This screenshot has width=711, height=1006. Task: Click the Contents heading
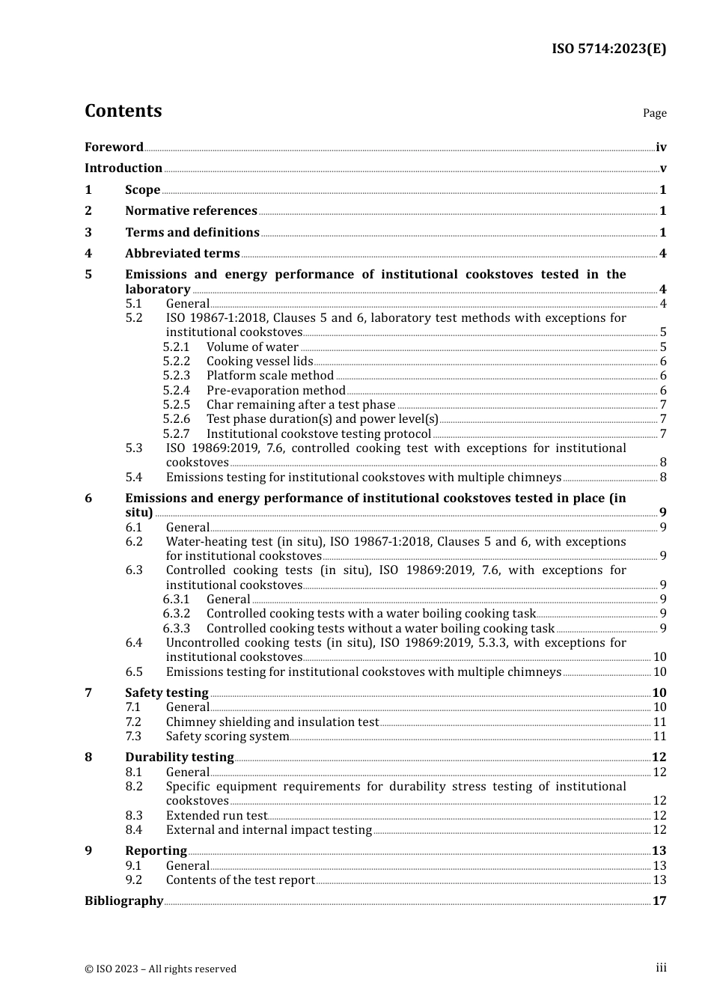[x=123, y=111]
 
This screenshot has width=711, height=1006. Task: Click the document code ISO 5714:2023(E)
[x=608, y=49]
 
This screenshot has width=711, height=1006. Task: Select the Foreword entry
[x=114, y=147]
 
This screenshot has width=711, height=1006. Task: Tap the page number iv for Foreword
[x=660, y=147]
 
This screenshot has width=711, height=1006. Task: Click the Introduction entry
[x=123, y=168]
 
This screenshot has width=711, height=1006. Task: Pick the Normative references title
[x=191, y=211]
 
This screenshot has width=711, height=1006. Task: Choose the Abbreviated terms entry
[x=183, y=254]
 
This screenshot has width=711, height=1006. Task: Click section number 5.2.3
[x=177, y=376]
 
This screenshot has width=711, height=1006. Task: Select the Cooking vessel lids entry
[x=260, y=362]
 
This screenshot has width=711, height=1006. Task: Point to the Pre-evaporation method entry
[x=275, y=391]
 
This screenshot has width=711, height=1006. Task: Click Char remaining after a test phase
[x=301, y=405]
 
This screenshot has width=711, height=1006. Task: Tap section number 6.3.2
[x=177, y=614]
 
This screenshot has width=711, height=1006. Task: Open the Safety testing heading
[x=166, y=693]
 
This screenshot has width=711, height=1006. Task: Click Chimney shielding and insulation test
[x=272, y=722]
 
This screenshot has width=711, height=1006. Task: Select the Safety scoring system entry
[x=228, y=737]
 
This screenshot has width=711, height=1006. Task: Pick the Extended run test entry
[x=216, y=816]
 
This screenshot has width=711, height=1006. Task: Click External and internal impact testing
[x=269, y=830]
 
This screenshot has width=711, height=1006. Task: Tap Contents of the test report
[x=240, y=880]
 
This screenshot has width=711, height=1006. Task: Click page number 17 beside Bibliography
[x=659, y=901]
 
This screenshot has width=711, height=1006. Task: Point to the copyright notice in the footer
[x=160, y=969]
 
